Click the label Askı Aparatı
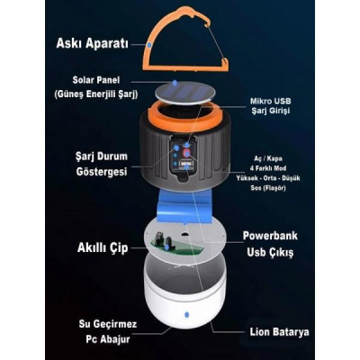(92, 43)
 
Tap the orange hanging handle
(149, 45)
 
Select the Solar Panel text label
(96, 80)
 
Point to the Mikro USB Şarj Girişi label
(270, 106)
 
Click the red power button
(186, 153)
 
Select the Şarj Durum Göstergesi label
(102, 164)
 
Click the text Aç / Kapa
(268, 158)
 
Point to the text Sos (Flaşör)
(268, 188)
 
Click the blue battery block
(184, 205)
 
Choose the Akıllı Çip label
(103, 247)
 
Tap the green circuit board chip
(173, 247)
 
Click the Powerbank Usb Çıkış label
(270, 244)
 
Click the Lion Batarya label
(279, 332)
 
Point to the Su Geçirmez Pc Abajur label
(108, 332)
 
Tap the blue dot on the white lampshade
(187, 315)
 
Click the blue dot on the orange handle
(149, 45)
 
